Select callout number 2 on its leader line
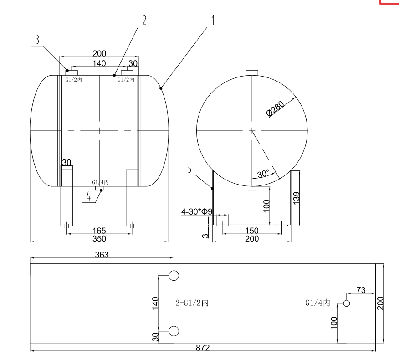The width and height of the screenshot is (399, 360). click(144, 20)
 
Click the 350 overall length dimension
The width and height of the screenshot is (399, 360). click(99, 238)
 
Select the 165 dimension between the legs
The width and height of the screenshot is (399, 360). click(99, 231)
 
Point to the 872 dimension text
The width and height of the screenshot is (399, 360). click(203, 348)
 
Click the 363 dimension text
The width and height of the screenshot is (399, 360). click(102, 255)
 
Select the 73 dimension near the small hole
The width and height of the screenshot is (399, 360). click(361, 290)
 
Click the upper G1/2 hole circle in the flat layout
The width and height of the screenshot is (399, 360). click(174, 275)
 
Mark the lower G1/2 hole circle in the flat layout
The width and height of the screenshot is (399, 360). click(174, 331)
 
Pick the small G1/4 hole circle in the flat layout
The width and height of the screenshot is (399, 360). click(347, 303)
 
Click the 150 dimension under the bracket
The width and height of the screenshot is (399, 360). click(252, 231)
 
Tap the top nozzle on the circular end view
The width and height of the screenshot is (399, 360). click(252, 72)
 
